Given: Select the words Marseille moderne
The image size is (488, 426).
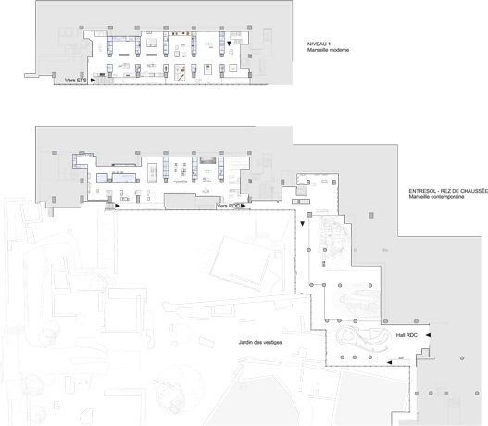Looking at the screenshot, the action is [328, 50].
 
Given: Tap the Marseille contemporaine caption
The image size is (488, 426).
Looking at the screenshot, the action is [436, 197].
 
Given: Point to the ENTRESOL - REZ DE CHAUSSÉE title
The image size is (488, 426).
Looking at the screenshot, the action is [448, 191].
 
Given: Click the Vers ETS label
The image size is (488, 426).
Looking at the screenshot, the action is [75, 81].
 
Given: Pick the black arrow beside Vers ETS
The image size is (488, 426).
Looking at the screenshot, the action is [93, 81].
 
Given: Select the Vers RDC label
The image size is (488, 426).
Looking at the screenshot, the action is [229, 206].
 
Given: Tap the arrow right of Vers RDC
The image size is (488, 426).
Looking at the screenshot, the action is [243, 206].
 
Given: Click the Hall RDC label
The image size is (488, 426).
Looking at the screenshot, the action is [407, 335].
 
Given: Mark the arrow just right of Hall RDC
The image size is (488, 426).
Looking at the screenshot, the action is [428, 335].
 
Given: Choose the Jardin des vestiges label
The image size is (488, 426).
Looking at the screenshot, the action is [260, 342].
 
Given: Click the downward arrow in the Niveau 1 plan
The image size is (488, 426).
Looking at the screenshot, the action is [229, 44].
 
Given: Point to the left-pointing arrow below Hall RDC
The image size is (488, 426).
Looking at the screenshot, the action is [389, 362].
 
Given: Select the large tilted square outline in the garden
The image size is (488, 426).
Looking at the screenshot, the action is [240, 263].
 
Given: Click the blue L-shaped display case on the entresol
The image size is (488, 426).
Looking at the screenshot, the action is [81, 159].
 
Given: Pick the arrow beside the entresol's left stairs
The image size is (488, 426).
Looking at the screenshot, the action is [117, 206].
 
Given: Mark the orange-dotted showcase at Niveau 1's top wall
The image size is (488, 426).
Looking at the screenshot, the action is [180, 33].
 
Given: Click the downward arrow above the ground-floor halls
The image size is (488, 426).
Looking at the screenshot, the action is [302, 224].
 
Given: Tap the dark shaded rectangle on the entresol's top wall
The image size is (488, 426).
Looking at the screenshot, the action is [207, 160].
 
